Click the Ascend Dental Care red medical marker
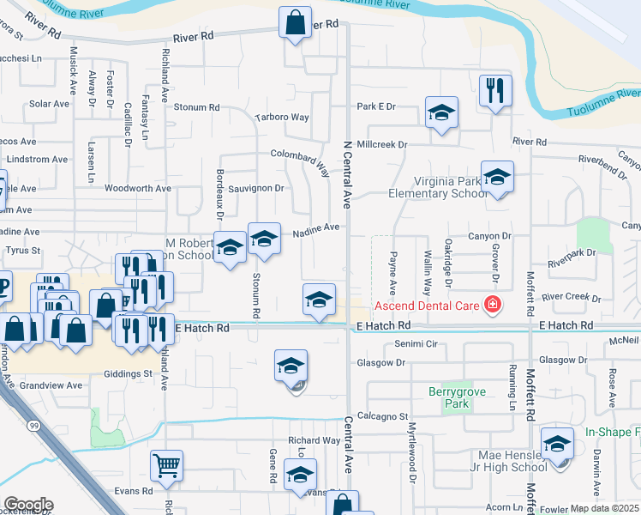click(x=492, y=304)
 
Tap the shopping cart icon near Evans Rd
click(x=167, y=466)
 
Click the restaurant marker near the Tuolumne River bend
click(x=495, y=90)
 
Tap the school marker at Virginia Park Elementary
click(x=497, y=177)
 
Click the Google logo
click(x=27, y=505)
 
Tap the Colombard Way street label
click(x=301, y=158)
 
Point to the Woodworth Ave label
click(x=138, y=188)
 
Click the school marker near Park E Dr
click(x=441, y=112)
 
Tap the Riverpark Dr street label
click(x=572, y=253)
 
